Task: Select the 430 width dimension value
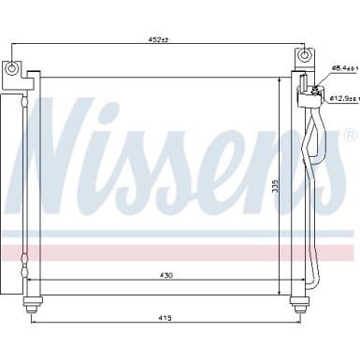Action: (x=165, y=274)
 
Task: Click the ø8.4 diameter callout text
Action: (x=344, y=68)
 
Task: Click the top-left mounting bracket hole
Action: (x=11, y=69)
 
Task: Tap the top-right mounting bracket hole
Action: (x=302, y=59)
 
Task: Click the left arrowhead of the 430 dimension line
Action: (x=32, y=280)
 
